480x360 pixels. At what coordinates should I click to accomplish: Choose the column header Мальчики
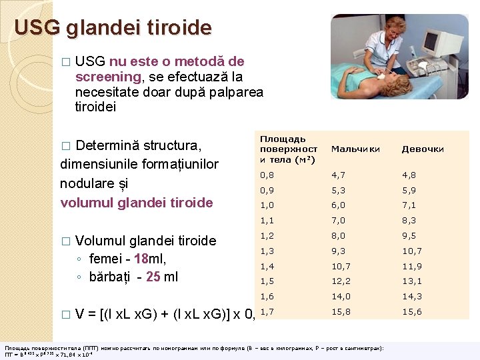click(355, 149)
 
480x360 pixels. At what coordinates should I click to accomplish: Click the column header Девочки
click(422, 149)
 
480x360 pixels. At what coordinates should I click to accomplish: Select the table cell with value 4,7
click(338, 175)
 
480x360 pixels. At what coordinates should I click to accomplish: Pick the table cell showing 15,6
click(411, 311)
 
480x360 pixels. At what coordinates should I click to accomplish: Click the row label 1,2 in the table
click(267, 235)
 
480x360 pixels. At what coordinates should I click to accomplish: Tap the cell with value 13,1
click(411, 281)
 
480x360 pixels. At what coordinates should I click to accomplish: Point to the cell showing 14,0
click(341, 296)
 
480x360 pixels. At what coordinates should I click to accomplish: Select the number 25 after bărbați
click(153, 277)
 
